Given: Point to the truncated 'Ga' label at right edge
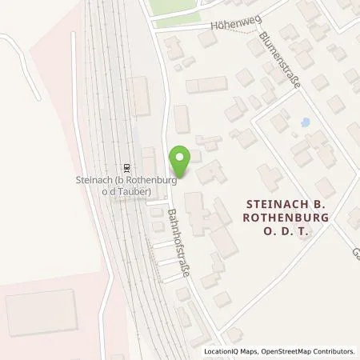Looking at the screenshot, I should (x=354, y=255).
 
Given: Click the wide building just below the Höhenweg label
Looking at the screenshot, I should (x=206, y=85).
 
